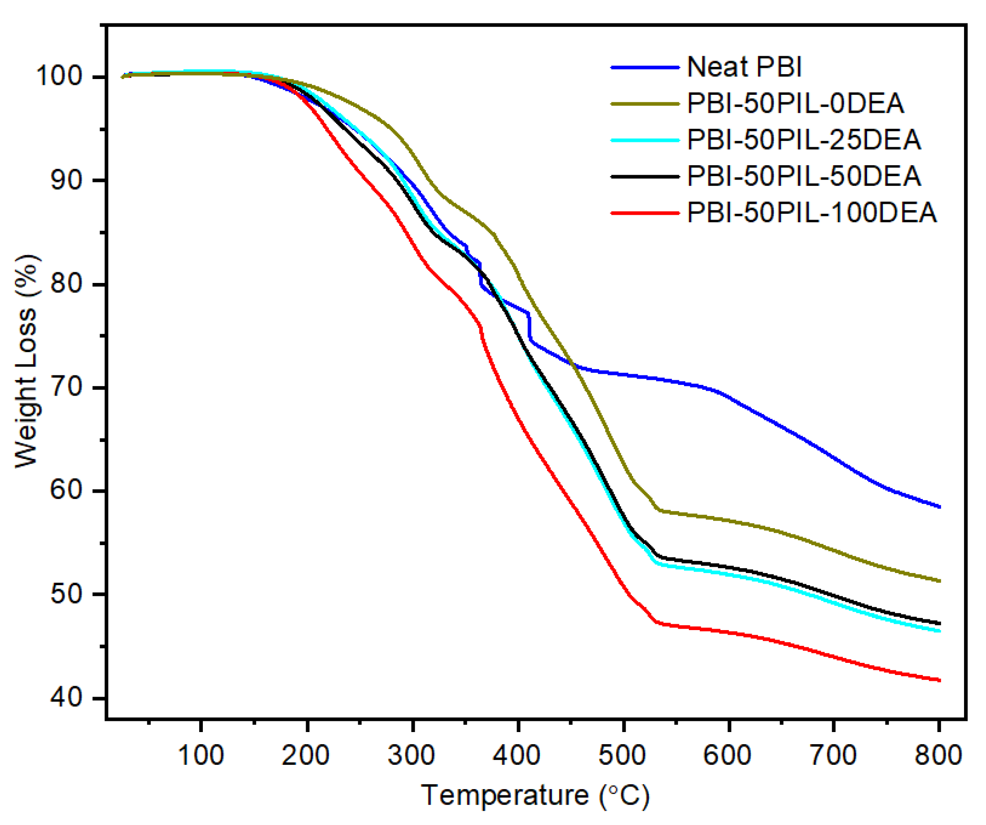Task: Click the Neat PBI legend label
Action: (x=744, y=67)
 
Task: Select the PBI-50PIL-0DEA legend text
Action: (x=795, y=103)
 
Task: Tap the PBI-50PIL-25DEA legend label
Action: (x=803, y=140)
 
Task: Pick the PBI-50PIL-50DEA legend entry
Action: (x=803, y=176)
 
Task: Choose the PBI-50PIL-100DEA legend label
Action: (x=811, y=212)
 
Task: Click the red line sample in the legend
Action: (x=645, y=213)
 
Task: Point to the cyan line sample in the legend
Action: (x=645, y=140)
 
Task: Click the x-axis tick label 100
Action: (x=201, y=755)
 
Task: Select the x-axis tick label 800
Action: (x=938, y=755)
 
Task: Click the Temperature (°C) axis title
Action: (x=535, y=795)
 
